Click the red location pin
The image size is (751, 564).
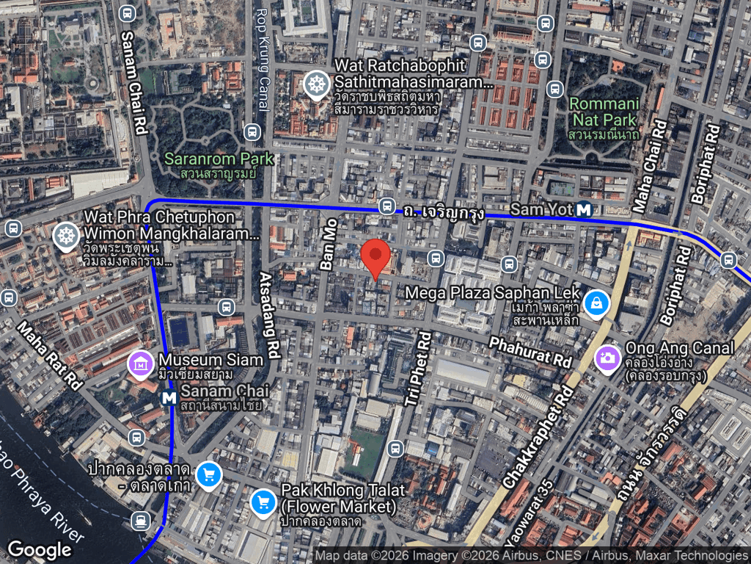pyautogui.click(x=376, y=257)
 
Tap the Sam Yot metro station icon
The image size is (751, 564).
pyautogui.click(x=585, y=209)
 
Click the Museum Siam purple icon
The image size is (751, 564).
pyautogui.click(x=140, y=362)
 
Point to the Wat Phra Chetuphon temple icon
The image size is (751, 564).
pyautogui.click(x=67, y=236)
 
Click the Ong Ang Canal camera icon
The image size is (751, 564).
pyautogui.click(x=607, y=358)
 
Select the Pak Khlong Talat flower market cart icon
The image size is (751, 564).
pyautogui.click(x=263, y=502)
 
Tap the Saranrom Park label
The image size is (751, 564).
pyautogui.click(x=219, y=159)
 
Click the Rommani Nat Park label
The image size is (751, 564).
pyautogui.click(x=604, y=110)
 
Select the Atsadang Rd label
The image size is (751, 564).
pyautogui.click(x=268, y=314)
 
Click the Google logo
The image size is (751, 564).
pyautogui.click(x=39, y=549)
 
